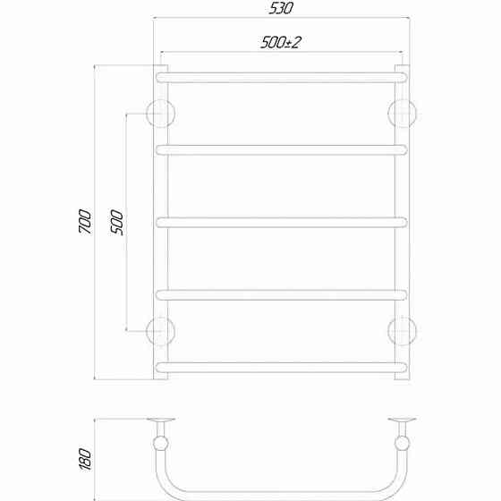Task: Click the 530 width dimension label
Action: point(281,8)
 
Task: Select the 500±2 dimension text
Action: point(281,43)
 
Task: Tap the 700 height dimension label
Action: point(85,221)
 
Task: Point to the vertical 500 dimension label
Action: point(117,222)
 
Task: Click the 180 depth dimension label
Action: point(85,459)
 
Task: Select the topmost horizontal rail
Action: point(282,78)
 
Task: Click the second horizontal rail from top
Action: point(282,150)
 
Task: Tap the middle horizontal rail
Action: point(282,223)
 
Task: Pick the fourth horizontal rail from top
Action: point(282,294)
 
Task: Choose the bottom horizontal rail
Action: point(282,367)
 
